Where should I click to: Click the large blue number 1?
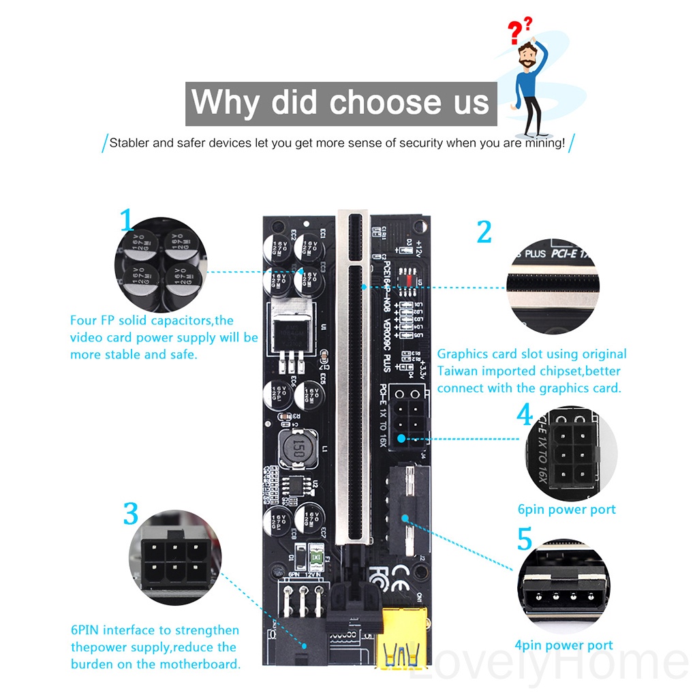tap(127, 221)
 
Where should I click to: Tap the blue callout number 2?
tap(484, 232)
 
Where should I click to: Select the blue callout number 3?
tap(131, 514)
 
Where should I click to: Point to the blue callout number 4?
tap(525, 415)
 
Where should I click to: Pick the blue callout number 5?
tap(525, 539)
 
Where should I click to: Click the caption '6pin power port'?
tap(567, 510)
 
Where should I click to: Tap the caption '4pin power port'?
tap(563, 645)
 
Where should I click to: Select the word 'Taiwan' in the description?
tap(458, 371)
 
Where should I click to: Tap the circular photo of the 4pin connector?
tap(563, 585)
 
